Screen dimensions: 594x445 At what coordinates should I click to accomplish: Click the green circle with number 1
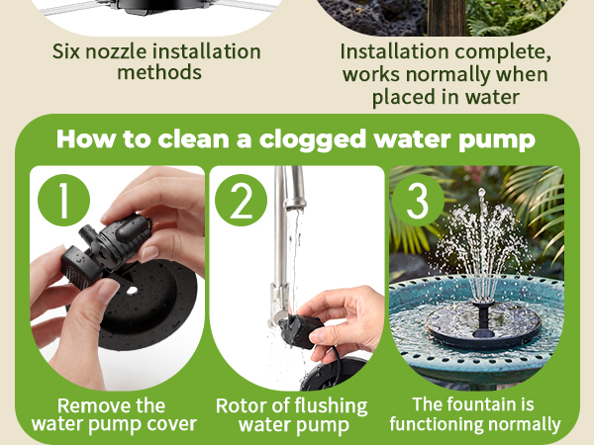point(64,200)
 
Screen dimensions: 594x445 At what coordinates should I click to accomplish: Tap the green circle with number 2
point(241,200)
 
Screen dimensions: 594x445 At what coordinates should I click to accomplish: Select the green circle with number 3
point(418,200)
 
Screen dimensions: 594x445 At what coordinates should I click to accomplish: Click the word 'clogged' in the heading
point(313,140)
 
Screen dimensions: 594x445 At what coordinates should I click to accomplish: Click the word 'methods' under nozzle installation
point(159,72)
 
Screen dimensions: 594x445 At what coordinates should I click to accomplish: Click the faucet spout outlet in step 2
point(295,207)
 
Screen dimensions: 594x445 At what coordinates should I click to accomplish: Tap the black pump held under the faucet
point(300,330)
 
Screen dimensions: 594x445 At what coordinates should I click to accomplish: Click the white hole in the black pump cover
point(132,291)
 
